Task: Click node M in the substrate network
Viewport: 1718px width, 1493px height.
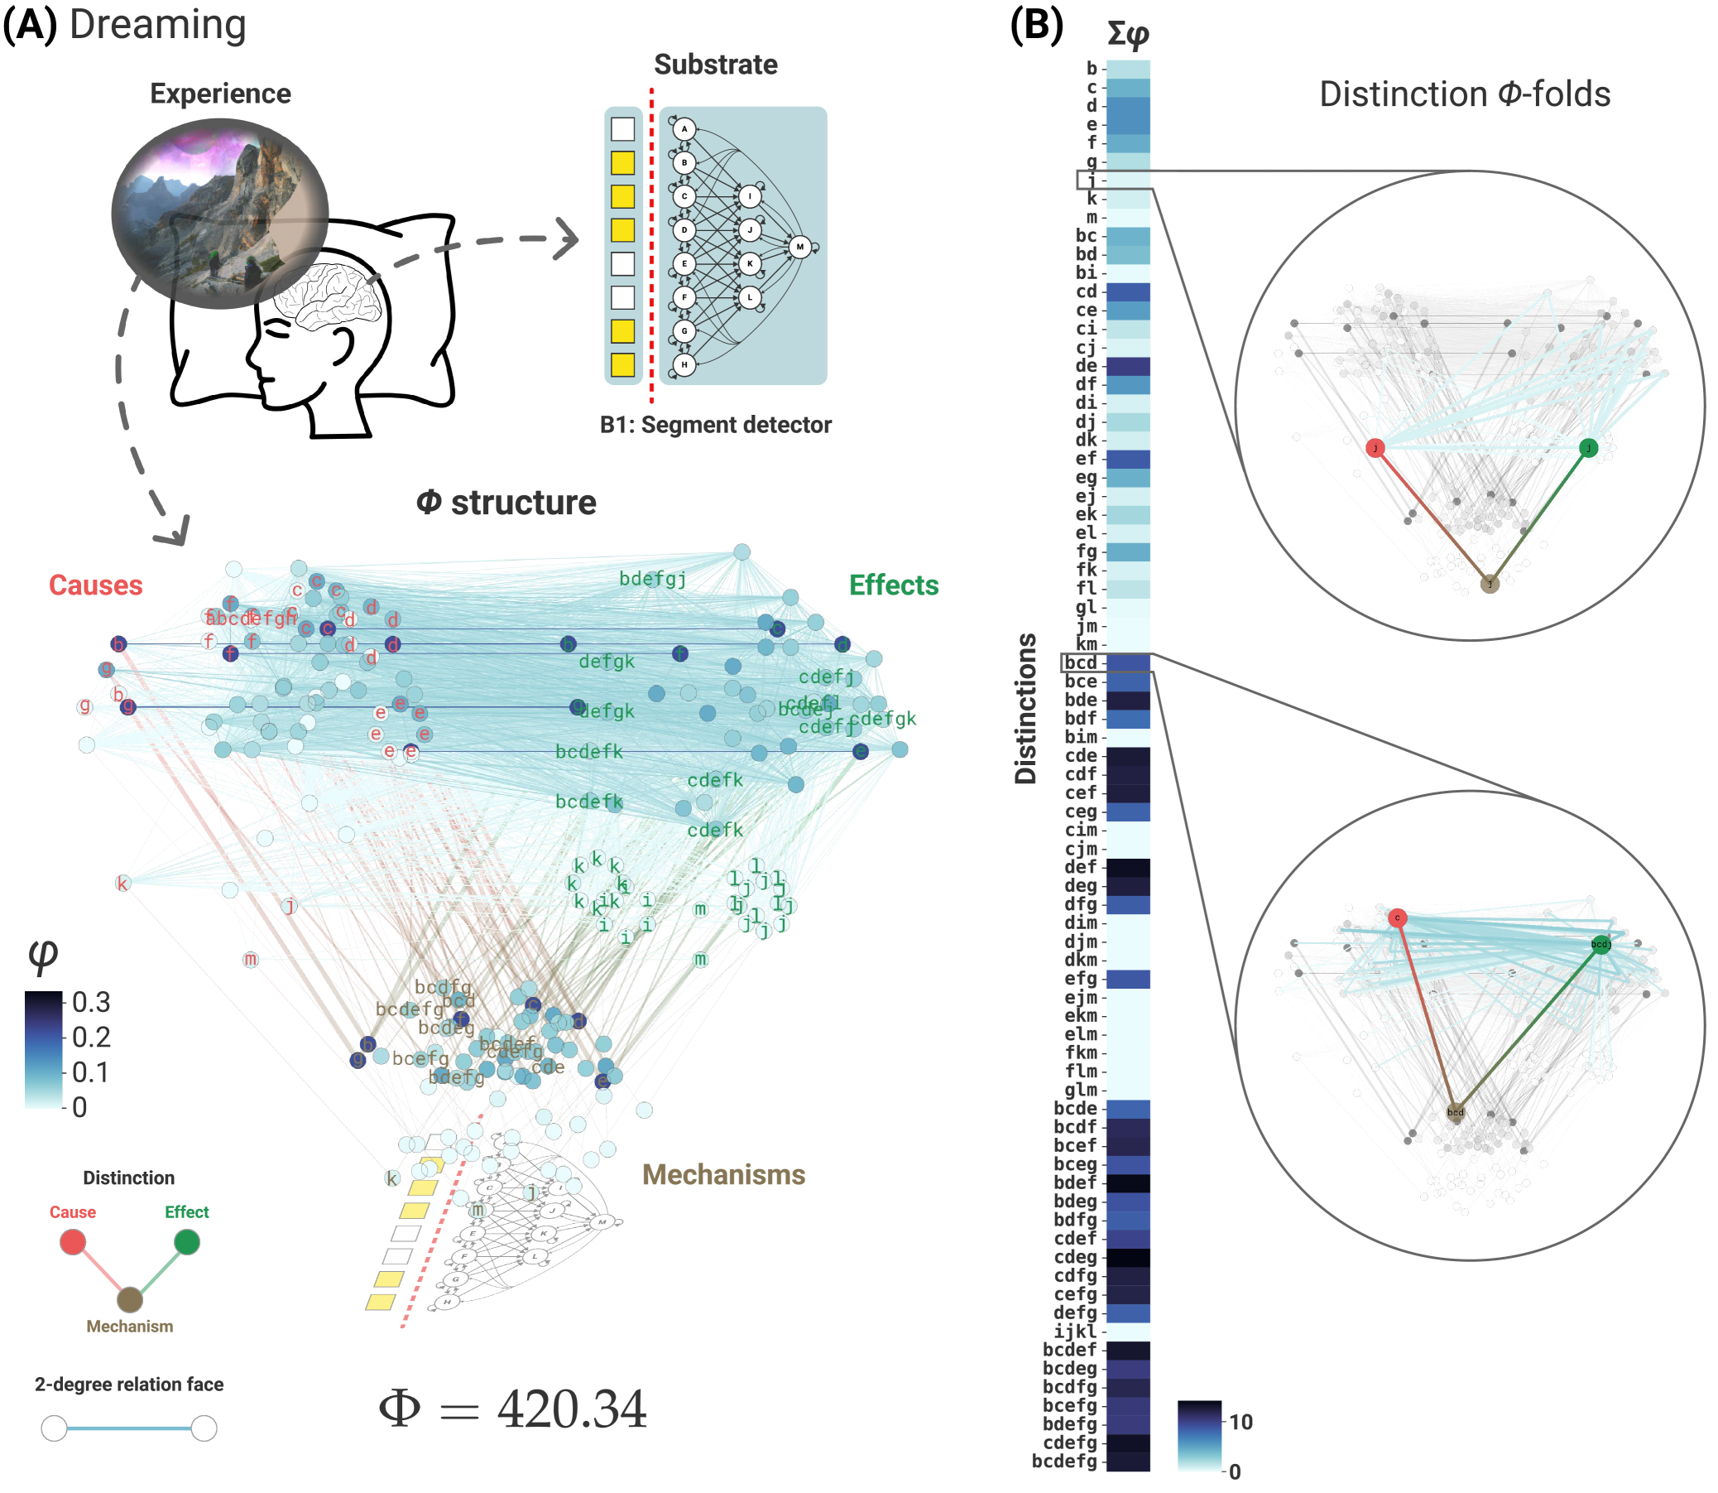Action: pyautogui.click(x=799, y=247)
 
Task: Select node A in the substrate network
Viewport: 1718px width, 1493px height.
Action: pyautogui.click(x=684, y=129)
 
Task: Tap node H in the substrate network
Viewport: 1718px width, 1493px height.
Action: pyautogui.click(x=684, y=365)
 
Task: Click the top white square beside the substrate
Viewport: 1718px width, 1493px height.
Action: pyautogui.click(x=623, y=129)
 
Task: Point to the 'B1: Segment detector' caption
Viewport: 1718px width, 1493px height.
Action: pyautogui.click(x=715, y=425)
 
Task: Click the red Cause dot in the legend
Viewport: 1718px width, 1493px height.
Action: pyautogui.click(x=73, y=1242)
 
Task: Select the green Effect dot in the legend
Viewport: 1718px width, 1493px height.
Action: pyautogui.click(x=186, y=1242)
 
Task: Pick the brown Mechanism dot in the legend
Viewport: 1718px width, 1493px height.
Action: pyautogui.click(x=129, y=1299)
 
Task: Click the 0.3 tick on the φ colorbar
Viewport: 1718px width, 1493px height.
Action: pyautogui.click(x=91, y=1002)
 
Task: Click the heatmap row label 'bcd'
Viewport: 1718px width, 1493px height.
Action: pyautogui.click(x=1080, y=663)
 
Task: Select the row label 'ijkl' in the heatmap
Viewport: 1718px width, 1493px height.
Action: pyautogui.click(x=1075, y=1332)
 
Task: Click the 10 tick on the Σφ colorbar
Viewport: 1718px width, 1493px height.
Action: pyautogui.click(x=1241, y=1422)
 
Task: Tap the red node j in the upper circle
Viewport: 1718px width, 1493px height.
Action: pyautogui.click(x=1375, y=448)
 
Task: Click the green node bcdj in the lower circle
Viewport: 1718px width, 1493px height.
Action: pyautogui.click(x=1600, y=944)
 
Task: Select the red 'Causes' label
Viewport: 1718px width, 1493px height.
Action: pyautogui.click(x=96, y=585)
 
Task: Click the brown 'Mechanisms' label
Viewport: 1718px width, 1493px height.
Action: pyautogui.click(x=722, y=1175)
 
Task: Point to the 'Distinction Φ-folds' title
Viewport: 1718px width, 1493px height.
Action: pyautogui.click(x=1464, y=94)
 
